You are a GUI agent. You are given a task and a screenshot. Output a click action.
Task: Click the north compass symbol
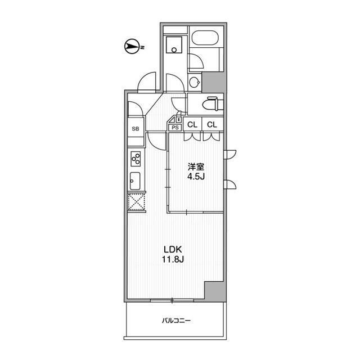point(132,47)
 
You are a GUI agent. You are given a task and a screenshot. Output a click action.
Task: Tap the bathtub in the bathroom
point(205,38)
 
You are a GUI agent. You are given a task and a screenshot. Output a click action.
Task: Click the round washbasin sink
point(195,82)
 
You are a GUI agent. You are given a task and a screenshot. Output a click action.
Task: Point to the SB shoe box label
point(136,129)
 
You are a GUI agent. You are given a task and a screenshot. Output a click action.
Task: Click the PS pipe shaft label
point(175,128)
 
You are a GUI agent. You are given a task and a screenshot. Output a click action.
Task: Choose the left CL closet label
point(192,125)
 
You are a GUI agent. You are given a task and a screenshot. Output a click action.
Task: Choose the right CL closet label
point(212,125)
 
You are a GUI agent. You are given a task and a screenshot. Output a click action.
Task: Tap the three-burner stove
point(136,159)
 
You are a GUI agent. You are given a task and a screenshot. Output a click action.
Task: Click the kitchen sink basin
point(135,181)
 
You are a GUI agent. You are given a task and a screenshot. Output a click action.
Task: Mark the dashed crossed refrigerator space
point(136,202)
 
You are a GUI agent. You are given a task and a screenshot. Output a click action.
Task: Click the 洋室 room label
point(196,166)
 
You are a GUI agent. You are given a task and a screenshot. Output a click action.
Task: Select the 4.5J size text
point(196,176)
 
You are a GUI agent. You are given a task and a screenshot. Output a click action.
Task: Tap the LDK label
point(173,249)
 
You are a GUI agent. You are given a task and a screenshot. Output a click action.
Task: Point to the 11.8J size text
point(173,259)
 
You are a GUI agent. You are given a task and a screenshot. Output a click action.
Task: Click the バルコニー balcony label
point(176,321)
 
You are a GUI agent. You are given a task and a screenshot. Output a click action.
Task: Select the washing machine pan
point(174,45)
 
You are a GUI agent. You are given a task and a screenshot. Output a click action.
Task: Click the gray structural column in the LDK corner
point(215,291)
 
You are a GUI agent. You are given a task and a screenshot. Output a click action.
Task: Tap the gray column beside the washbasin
point(213,82)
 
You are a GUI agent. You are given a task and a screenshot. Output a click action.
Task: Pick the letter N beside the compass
point(142,47)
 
